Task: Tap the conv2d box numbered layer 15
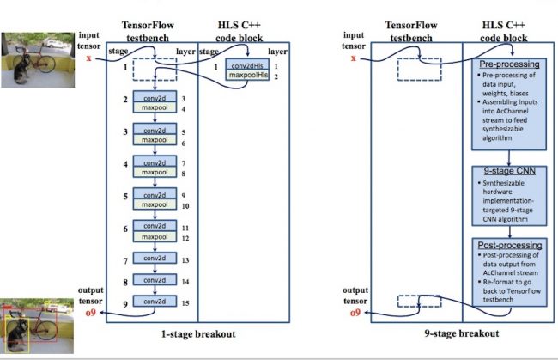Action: pos(155,302)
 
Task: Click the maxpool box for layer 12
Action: pos(155,237)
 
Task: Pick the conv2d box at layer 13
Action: pos(155,259)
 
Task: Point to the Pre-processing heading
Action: pos(509,64)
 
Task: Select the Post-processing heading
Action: pos(509,245)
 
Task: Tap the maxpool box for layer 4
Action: pos(155,109)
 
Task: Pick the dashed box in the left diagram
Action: pos(155,69)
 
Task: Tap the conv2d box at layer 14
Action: pos(155,281)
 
